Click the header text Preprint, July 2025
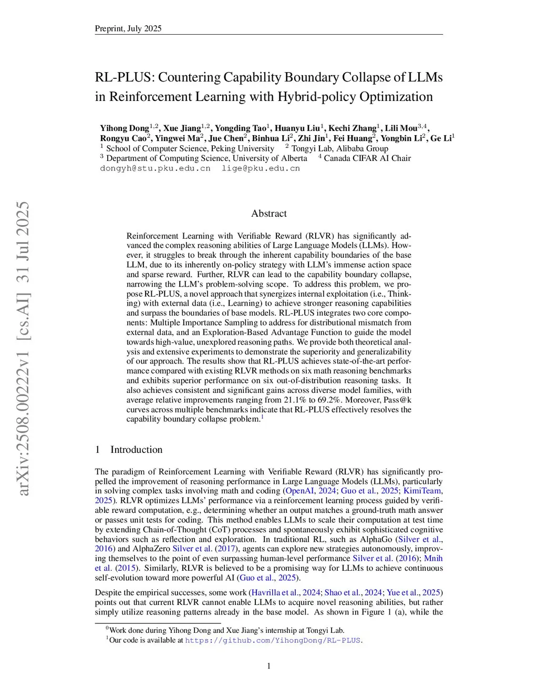(x=128, y=28)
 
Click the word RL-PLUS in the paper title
(x=124, y=77)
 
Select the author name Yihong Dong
(x=125, y=128)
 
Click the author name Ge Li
(x=441, y=138)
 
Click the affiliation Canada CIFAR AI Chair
(x=367, y=158)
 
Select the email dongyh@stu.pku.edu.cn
(x=155, y=168)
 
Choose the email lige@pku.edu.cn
(x=261, y=168)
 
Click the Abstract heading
(x=269, y=214)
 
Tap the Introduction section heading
(x=136, y=450)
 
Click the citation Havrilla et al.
(x=276, y=593)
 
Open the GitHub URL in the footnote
(x=273, y=641)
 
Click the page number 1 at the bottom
(x=269, y=666)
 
